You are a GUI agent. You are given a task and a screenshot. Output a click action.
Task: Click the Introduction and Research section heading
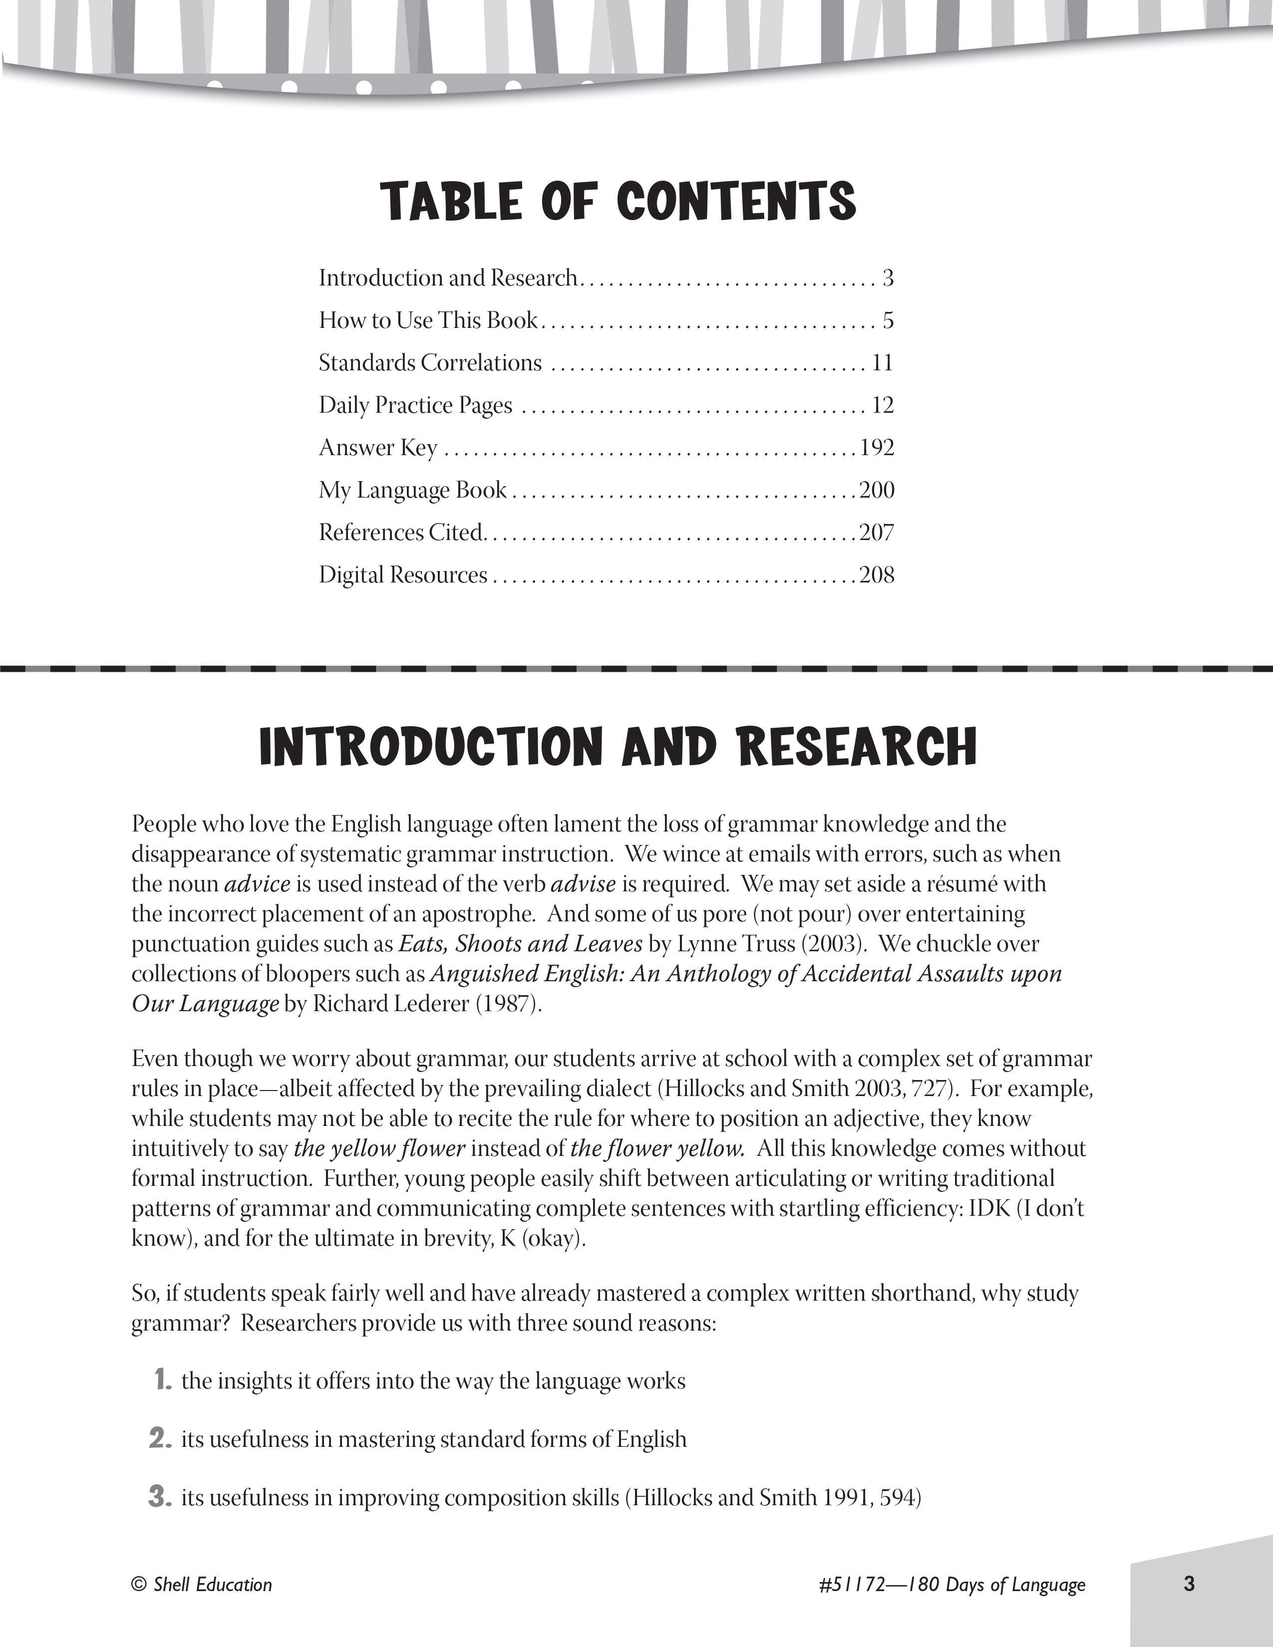(619, 747)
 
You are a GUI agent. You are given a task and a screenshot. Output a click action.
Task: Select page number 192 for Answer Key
(877, 448)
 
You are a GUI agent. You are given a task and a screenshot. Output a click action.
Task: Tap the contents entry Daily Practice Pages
(415, 406)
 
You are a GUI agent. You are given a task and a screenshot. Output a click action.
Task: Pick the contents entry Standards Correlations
(430, 363)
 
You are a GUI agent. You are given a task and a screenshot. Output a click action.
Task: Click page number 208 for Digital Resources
(877, 575)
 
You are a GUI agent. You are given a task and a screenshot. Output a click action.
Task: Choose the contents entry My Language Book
(412, 490)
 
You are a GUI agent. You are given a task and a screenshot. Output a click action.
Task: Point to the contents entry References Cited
(400, 533)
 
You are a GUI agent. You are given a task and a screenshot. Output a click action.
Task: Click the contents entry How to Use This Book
(428, 320)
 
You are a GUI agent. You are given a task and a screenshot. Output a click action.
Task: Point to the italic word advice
(257, 884)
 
